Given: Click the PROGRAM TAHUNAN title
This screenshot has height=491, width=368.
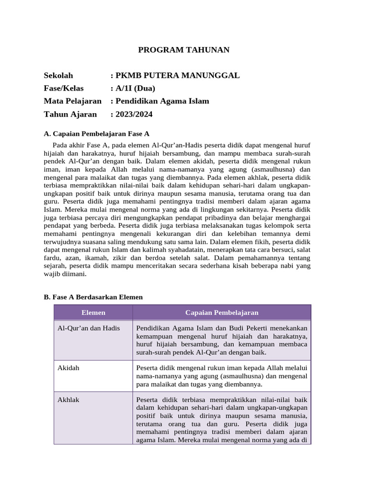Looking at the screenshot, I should [184, 50].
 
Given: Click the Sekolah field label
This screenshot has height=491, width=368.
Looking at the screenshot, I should [58, 75].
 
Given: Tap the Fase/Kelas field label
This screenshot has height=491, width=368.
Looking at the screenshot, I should [64, 88].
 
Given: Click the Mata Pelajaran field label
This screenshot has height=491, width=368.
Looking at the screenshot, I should [72, 101].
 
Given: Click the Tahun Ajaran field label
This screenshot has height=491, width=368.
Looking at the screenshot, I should [70, 114].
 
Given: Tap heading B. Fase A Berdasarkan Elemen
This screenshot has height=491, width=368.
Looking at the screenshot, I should [93, 297].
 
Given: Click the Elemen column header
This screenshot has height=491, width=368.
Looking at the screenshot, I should [93, 313].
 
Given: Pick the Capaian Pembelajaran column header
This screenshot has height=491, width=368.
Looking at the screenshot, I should [222, 313].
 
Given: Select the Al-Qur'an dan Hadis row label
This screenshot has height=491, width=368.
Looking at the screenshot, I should [89, 328].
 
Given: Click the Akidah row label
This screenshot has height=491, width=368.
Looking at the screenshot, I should [69, 368].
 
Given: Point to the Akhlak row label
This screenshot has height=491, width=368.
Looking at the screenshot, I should [68, 399].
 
